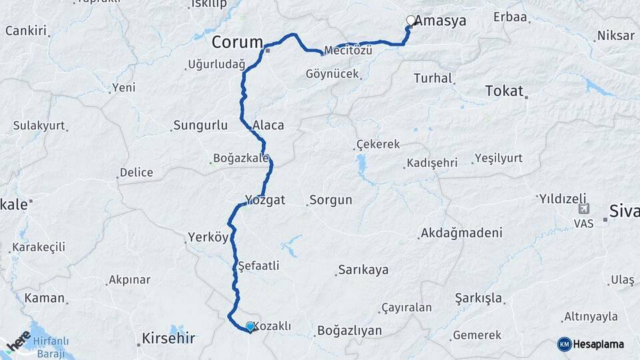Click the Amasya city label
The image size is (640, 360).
coord(441,21)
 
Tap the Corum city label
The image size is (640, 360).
coord(237,43)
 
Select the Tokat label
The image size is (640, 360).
coord(504,91)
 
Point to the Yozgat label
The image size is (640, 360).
coord(265,200)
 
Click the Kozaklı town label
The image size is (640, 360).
coord(273,326)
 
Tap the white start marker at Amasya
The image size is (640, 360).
coord(411,20)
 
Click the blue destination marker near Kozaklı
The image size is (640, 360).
coord(250,326)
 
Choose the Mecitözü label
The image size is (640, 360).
coord(348,51)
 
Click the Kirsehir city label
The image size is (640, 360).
coord(168,339)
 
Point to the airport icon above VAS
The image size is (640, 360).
coord(584,209)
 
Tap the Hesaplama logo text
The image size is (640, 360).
coord(599,345)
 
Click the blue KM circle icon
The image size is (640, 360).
coord(564,344)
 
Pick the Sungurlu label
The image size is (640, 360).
coord(200,125)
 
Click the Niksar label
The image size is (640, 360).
coord(615,35)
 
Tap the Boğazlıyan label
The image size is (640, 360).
coord(349,330)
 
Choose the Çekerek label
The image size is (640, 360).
coord(378,144)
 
